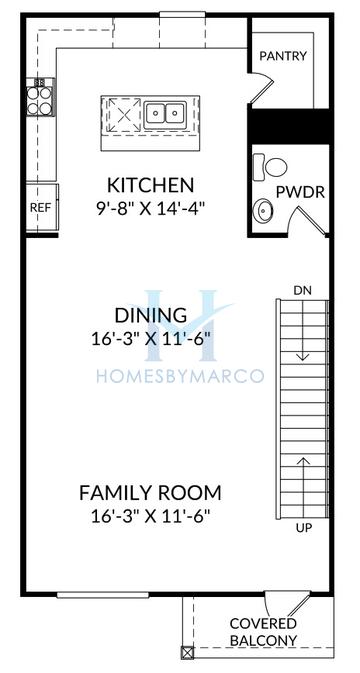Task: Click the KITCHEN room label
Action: coord(150,185)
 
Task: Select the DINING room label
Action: coord(150,317)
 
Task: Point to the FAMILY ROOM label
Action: coord(150,493)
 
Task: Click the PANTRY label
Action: coord(283,57)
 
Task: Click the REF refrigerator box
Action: coord(40,207)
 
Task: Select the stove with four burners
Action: coord(40,96)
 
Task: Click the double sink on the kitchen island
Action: coord(166,113)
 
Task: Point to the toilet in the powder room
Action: coord(269,165)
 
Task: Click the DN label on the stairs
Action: coord(303,290)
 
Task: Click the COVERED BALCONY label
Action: coord(263,631)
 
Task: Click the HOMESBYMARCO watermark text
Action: coord(180,376)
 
